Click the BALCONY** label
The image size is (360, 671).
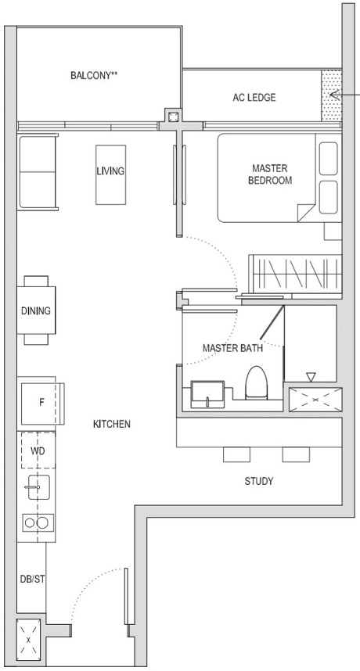(99, 76)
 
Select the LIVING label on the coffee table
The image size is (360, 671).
(110, 170)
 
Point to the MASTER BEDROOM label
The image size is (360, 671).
(269, 174)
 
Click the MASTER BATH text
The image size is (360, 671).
(232, 348)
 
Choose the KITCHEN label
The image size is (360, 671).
(111, 424)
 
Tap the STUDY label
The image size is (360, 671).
(258, 481)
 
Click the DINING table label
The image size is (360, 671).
(35, 310)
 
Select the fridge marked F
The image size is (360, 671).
(41, 403)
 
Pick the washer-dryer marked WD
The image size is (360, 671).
(37, 451)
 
